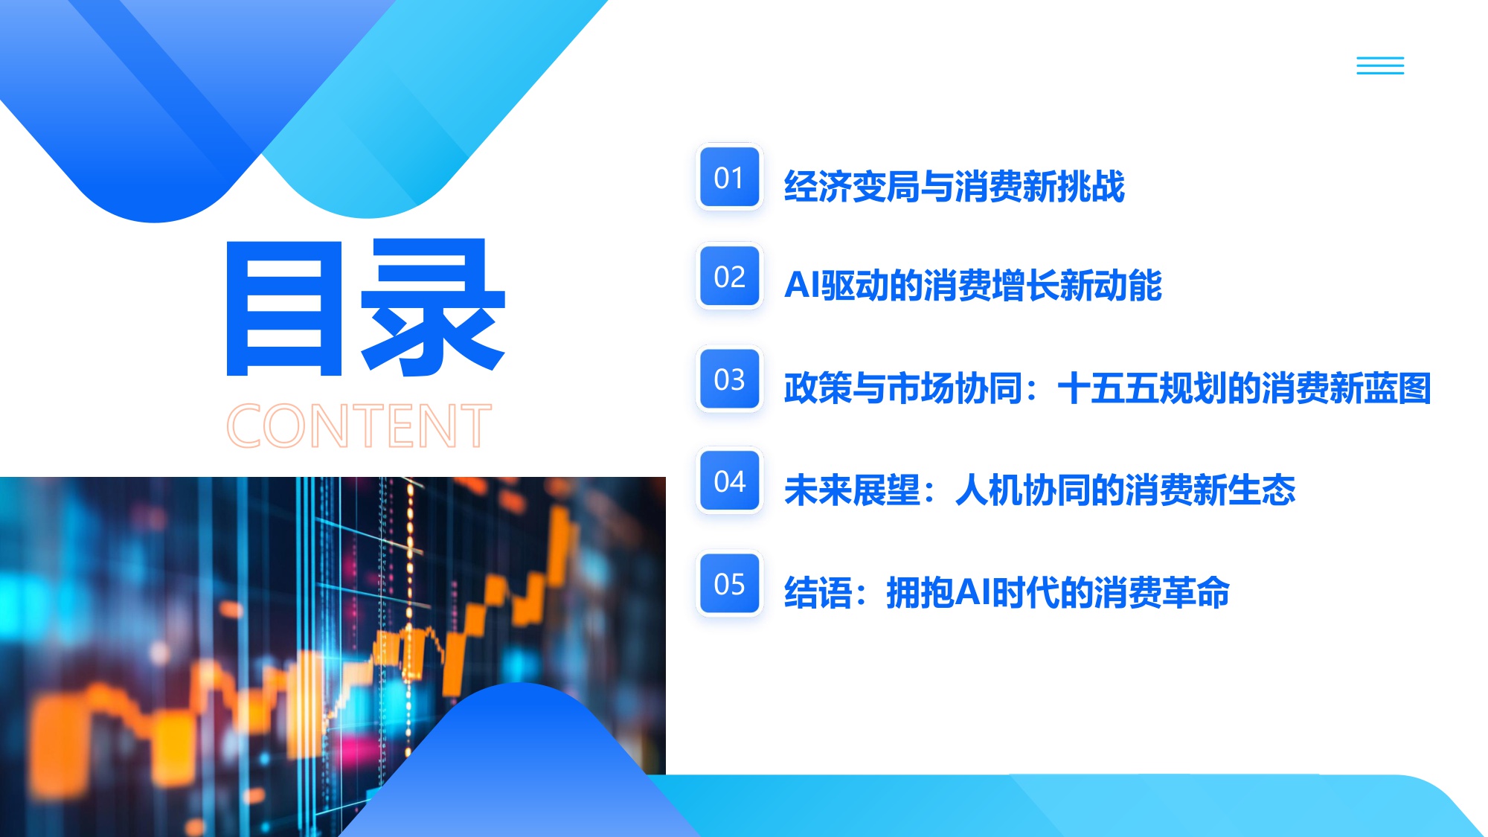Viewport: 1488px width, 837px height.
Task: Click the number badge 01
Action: (x=729, y=177)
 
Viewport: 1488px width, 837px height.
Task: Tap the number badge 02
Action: (x=729, y=277)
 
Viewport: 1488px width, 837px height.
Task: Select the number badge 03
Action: (x=729, y=379)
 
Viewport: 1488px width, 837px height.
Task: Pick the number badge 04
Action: (x=729, y=481)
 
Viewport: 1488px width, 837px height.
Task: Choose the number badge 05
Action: (x=729, y=584)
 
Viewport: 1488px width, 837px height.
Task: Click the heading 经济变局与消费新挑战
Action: (x=954, y=186)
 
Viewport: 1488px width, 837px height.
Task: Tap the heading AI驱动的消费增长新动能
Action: (x=972, y=285)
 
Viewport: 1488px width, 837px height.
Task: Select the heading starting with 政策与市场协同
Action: (x=1107, y=388)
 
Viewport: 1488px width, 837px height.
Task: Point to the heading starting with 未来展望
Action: (x=1039, y=490)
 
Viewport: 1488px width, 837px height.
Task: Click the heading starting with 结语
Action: (x=1006, y=593)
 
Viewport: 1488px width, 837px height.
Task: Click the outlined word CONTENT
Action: (x=359, y=426)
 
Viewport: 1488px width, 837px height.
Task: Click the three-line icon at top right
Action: (x=1380, y=65)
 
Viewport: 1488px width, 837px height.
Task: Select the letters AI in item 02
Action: (x=802, y=285)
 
